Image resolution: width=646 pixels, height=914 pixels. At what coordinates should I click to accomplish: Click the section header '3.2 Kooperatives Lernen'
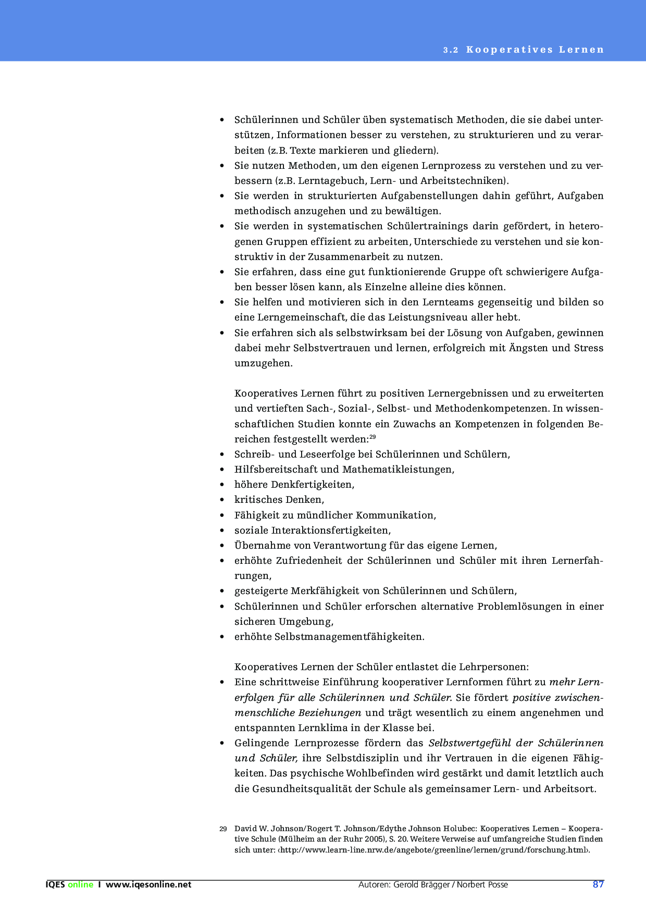523,50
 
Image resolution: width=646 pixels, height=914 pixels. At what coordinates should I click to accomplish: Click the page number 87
598,884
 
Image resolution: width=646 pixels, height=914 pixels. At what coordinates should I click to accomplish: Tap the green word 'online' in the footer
80,884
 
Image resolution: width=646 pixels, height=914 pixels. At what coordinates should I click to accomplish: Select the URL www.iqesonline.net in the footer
148,884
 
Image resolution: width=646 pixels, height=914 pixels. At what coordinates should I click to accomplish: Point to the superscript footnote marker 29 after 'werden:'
372,437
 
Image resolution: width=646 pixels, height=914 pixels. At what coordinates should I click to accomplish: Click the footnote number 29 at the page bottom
223,829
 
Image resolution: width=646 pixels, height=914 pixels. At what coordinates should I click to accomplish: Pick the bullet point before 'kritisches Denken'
222,500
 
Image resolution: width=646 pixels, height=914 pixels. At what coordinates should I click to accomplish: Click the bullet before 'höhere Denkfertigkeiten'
222,485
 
